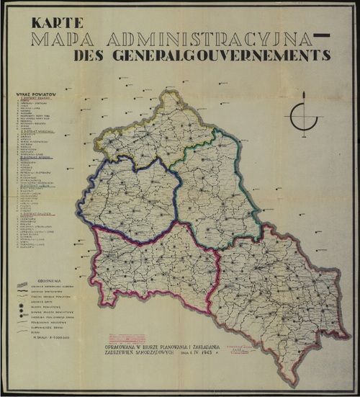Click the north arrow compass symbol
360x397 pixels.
(x=305, y=115)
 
